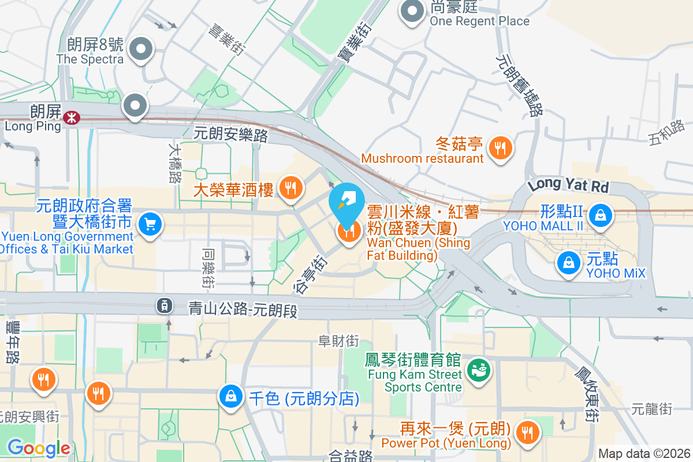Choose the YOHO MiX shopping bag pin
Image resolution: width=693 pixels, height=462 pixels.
point(569,263)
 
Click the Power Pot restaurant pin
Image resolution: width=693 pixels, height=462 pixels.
point(527,431)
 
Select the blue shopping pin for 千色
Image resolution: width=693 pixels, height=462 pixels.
point(231,397)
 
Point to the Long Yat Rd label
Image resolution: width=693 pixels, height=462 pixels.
point(568,185)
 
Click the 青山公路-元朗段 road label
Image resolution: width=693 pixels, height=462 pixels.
point(243,310)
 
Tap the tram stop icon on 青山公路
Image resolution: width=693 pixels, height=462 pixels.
point(165,305)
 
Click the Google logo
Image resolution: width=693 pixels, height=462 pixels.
point(39,448)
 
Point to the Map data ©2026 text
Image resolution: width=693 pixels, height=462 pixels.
point(644,453)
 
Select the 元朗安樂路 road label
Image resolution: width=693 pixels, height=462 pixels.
point(231,134)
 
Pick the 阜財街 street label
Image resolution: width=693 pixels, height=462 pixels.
point(338,341)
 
